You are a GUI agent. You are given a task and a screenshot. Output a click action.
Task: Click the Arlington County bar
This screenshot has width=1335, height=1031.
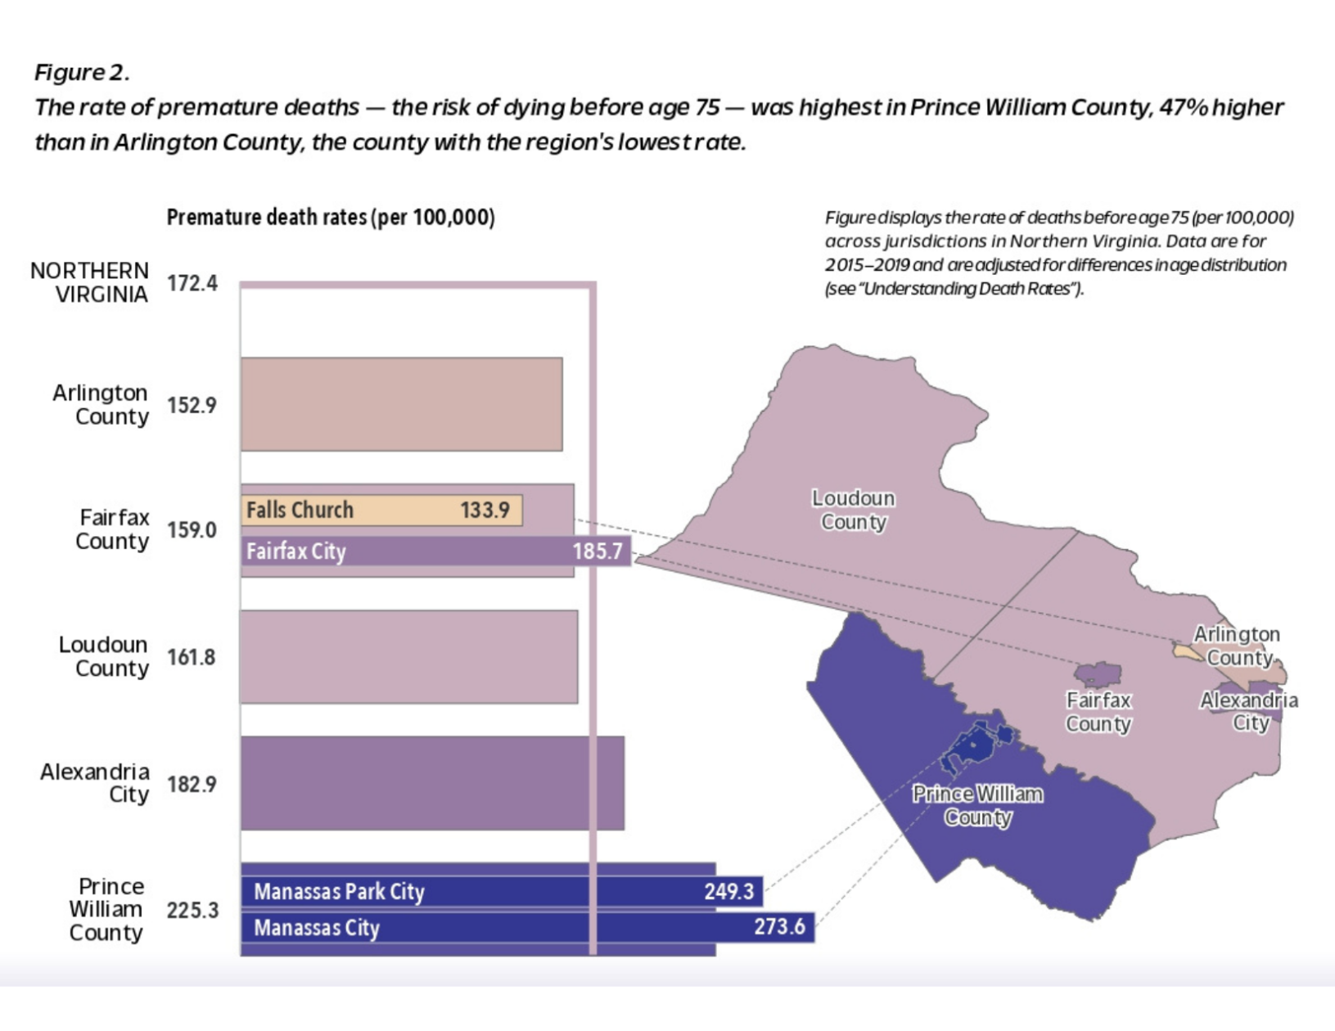pyautogui.click(x=401, y=404)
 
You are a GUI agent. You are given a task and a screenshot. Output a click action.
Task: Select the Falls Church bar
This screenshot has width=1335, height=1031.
pyautogui.click(x=381, y=511)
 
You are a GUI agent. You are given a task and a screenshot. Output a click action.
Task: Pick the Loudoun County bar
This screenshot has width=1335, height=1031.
pyautogui.click(x=408, y=656)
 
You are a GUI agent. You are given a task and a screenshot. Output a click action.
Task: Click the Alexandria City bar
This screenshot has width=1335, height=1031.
pyautogui.click(x=432, y=783)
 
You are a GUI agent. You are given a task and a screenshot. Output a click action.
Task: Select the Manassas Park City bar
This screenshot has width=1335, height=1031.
pyautogui.click(x=501, y=891)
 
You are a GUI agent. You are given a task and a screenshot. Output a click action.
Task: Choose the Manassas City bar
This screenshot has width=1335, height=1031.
pyautogui.click(x=527, y=927)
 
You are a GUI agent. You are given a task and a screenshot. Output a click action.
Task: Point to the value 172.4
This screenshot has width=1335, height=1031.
pyautogui.click(x=192, y=283)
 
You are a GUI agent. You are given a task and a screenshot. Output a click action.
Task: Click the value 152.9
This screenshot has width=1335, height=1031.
pyautogui.click(x=192, y=405)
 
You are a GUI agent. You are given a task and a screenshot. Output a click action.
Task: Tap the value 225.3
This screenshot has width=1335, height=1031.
pyautogui.click(x=192, y=910)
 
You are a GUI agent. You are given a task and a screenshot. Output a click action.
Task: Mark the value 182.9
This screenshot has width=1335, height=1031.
pyautogui.click(x=192, y=785)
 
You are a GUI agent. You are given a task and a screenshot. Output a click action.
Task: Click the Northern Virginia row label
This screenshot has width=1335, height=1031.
pyautogui.click(x=90, y=282)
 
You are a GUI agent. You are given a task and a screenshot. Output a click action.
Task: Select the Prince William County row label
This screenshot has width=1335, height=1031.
pyautogui.click(x=106, y=909)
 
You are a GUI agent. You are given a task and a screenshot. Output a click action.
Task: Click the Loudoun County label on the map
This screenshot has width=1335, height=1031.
pyautogui.click(x=854, y=510)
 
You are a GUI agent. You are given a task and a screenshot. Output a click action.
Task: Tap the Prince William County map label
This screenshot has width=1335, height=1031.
pyautogui.click(x=978, y=805)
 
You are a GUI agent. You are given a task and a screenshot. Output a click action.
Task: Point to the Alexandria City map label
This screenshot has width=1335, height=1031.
pyautogui.click(x=1249, y=711)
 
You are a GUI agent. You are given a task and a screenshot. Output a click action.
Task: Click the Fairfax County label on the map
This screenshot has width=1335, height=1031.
pyautogui.click(x=1098, y=712)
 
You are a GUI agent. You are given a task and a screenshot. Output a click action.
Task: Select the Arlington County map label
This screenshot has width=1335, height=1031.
pyautogui.click(x=1237, y=646)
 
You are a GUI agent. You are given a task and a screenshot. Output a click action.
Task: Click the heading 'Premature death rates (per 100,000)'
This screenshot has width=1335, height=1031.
pyautogui.click(x=331, y=218)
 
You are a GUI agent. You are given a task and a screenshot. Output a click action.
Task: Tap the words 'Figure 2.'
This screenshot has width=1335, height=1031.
pyautogui.click(x=82, y=73)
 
